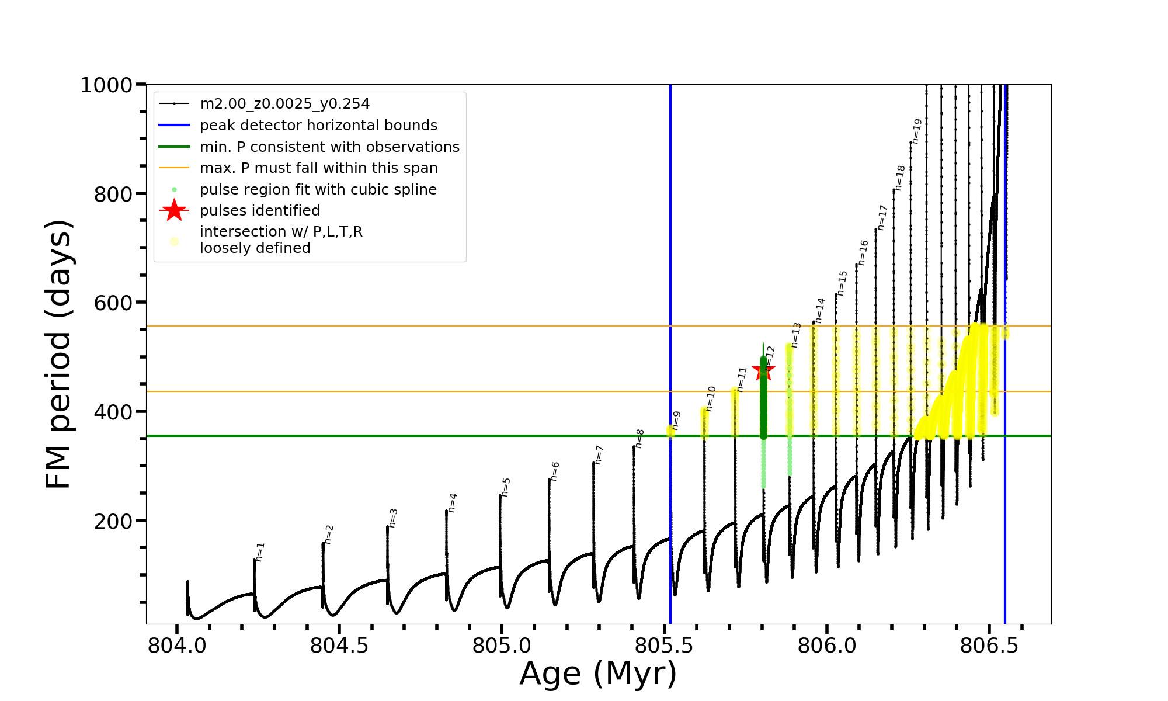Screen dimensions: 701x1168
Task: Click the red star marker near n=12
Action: pyautogui.click(x=763, y=370)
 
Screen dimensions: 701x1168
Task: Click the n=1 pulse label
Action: pyautogui.click(x=260, y=551)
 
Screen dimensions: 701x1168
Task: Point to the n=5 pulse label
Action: pyautogui.click(x=506, y=487)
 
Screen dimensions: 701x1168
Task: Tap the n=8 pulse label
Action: pyautogui.click(x=639, y=438)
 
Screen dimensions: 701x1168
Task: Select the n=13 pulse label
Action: pyautogui.click(x=796, y=335)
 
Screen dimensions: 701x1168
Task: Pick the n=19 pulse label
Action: pyautogui.click(x=917, y=131)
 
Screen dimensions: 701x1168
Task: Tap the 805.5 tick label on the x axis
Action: pyautogui.click(x=664, y=646)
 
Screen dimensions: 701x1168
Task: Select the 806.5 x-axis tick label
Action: pyautogui.click(x=989, y=646)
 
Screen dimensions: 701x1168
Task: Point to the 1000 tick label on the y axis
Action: pyautogui.click(x=106, y=85)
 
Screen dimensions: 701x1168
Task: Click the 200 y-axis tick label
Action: pyautogui.click(x=113, y=520)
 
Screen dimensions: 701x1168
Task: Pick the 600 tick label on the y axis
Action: pyautogui.click(x=113, y=303)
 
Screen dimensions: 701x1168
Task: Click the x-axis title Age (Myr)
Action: pyautogui.click(x=598, y=674)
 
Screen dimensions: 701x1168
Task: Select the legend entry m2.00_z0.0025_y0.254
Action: pyautogui.click(x=284, y=104)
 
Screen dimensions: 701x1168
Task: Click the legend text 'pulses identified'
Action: pyautogui.click(x=260, y=210)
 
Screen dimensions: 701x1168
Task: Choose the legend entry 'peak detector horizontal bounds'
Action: pyautogui.click(x=318, y=126)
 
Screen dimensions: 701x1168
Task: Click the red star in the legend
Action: pyautogui.click(x=174, y=210)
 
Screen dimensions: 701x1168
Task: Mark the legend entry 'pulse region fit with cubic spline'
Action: pyautogui.click(x=318, y=189)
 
